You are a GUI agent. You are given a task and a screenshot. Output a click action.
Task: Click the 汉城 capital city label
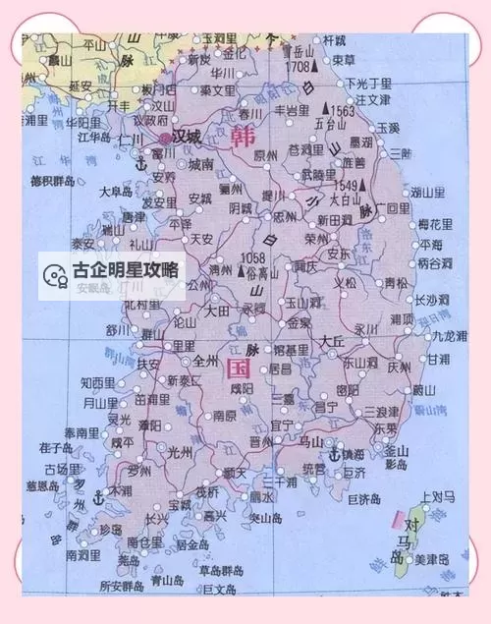pyautogui.click(x=188, y=136)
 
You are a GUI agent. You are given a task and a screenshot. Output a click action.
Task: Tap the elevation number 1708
pyautogui.click(x=297, y=68)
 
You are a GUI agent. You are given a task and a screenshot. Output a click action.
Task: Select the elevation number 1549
pyautogui.click(x=346, y=184)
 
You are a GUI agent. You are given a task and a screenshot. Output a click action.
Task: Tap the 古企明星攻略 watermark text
pyautogui.click(x=125, y=268)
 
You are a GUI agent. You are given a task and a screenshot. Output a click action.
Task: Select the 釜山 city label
pyautogui.click(x=396, y=450)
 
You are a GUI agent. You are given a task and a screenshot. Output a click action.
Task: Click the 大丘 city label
pyautogui.click(x=331, y=340)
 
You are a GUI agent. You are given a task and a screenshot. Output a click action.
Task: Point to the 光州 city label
pyautogui.click(x=180, y=452)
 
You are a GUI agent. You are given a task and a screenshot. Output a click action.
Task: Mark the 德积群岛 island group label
pyautogui.click(x=51, y=181)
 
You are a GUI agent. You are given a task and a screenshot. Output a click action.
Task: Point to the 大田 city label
pyautogui.click(x=217, y=309)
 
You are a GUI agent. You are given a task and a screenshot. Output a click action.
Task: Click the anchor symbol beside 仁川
pyautogui.click(x=139, y=163)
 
